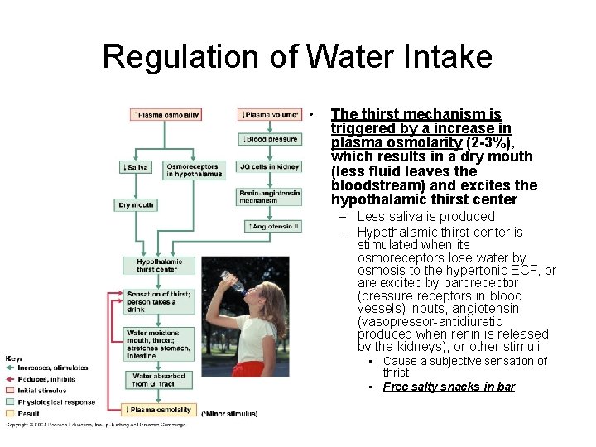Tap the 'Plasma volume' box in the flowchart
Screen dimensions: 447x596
(x=269, y=114)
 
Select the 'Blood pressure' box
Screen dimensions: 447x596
(x=269, y=139)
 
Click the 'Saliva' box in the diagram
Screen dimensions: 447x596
(x=136, y=167)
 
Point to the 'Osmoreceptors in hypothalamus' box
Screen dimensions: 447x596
(x=194, y=170)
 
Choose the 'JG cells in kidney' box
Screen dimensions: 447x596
(x=269, y=167)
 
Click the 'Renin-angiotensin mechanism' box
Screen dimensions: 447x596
(x=269, y=196)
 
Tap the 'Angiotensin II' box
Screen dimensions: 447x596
(x=272, y=225)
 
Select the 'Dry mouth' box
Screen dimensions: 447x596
(x=136, y=204)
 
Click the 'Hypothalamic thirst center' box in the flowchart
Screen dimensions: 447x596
(x=158, y=265)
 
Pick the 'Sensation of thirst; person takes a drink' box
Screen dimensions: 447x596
(x=158, y=302)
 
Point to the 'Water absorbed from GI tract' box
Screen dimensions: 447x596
(x=158, y=379)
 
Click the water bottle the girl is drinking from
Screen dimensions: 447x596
(x=232, y=281)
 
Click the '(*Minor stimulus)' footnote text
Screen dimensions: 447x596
(x=229, y=413)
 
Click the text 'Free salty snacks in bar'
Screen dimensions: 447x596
(x=449, y=387)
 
